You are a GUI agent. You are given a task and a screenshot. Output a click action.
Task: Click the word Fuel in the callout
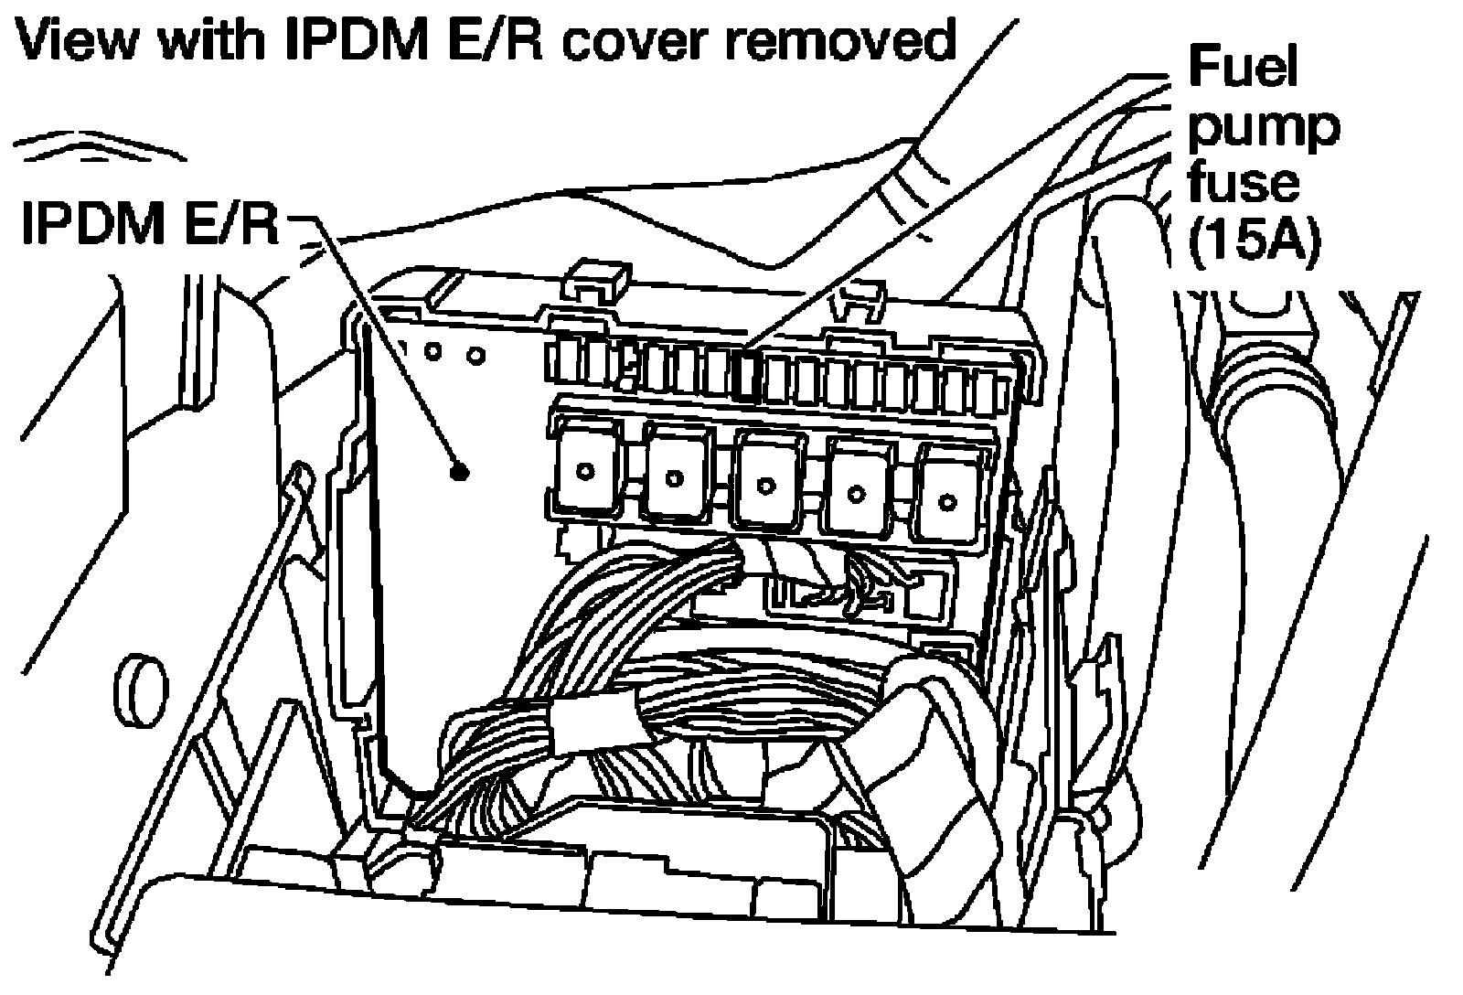click(1242, 68)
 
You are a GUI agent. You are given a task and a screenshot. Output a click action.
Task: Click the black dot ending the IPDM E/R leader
click(459, 472)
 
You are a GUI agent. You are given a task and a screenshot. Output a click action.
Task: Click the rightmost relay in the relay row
click(948, 497)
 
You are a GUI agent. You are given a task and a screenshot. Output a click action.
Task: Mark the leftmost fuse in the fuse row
click(561, 363)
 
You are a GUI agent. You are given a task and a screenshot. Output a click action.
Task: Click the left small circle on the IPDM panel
click(433, 350)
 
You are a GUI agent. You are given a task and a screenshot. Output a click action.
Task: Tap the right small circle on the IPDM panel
click(475, 355)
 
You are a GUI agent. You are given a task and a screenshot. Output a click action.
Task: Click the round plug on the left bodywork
click(144, 692)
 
